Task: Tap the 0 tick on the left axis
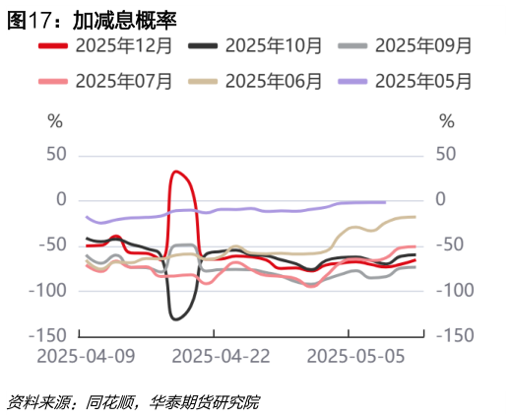tap(61, 200)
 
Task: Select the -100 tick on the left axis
tap(48, 291)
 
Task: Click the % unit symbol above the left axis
tap(55, 121)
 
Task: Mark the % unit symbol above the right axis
tap(446, 121)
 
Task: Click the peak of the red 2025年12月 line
tap(176, 172)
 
